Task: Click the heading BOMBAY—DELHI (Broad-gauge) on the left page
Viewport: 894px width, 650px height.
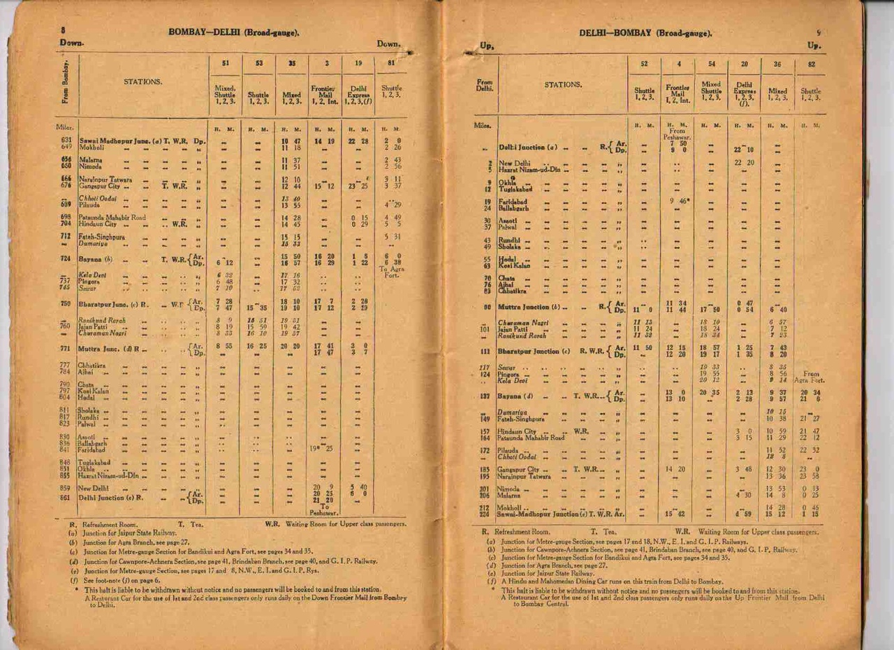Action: pos(235,33)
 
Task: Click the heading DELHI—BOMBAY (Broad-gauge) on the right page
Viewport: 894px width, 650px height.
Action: pos(645,33)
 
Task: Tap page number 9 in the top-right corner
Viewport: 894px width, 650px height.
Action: pos(819,32)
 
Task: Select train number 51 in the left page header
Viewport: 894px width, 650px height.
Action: pos(226,64)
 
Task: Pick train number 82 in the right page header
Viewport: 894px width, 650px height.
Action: pos(811,64)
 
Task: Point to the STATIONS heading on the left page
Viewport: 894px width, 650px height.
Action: pos(143,82)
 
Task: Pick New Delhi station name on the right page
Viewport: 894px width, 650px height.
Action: pos(513,163)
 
